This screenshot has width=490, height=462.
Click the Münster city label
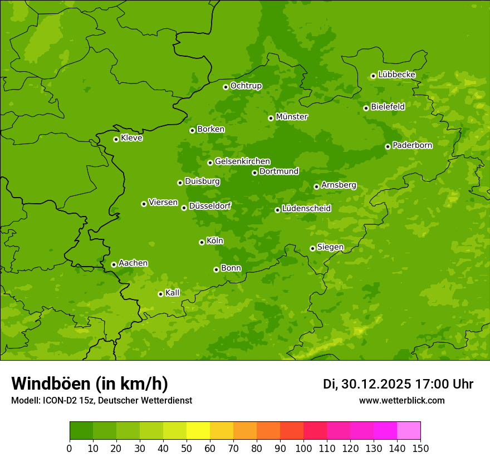tap(291, 117)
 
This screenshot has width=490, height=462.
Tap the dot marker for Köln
tap(202, 242)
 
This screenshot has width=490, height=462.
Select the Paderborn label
tap(412, 145)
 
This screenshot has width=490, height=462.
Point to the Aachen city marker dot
tap(114, 264)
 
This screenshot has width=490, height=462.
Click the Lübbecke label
tap(396, 75)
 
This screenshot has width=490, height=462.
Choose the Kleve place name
tap(131, 138)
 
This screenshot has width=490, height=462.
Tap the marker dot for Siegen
tap(312, 248)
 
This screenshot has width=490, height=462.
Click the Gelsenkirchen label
tap(242, 161)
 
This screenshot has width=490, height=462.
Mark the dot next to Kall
tap(160, 294)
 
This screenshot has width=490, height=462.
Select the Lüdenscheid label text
tap(306, 209)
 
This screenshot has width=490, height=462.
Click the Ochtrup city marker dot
tap(226, 87)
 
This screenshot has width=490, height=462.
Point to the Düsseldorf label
tap(209, 206)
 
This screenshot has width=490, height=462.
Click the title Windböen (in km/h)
tap(90, 384)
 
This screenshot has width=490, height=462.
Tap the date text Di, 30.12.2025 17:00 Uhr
tap(398, 384)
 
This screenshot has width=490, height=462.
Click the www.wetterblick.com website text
tap(401, 401)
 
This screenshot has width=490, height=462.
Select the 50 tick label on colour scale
tap(187, 448)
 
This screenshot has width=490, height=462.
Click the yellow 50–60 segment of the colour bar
tap(198, 431)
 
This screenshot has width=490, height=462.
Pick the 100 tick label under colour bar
tap(303, 448)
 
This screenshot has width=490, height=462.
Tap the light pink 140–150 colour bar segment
tap(409, 431)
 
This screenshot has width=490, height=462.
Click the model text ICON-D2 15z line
tap(101, 401)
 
